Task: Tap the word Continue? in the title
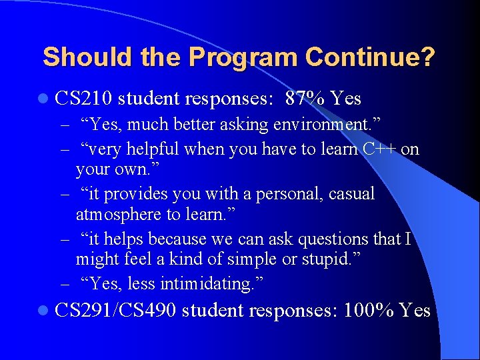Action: tap(370, 57)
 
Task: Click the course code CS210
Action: tap(85, 99)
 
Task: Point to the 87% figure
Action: tap(305, 99)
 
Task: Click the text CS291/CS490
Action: tap(116, 310)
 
